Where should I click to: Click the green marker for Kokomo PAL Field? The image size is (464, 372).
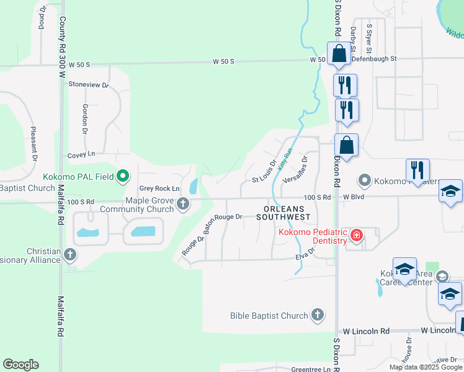point(123,177)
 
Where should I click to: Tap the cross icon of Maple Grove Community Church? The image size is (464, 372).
point(183,204)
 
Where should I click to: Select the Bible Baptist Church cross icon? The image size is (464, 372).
point(318,316)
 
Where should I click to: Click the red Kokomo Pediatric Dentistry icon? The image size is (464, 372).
point(356,236)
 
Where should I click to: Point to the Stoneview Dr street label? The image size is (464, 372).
point(89,84)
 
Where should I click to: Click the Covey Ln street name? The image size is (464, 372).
point(83,154)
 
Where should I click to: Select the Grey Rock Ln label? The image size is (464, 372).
point(159,188)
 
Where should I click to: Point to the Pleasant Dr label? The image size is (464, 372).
point(33,142)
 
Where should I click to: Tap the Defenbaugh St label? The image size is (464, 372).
point(373,58)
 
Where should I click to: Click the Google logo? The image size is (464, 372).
point(20,365)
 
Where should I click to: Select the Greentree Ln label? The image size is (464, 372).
point(314,369)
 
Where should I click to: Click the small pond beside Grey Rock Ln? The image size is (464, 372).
point(193,185)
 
